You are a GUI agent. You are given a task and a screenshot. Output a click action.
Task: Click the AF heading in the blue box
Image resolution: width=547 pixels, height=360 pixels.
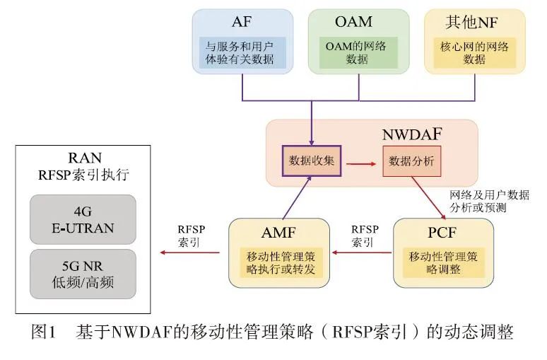coord(242,21)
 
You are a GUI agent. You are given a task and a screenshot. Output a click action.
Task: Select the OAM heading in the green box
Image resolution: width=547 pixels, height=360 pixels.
coord(358,21)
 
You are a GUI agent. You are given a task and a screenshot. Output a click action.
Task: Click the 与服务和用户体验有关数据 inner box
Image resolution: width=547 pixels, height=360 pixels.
coord(242,53)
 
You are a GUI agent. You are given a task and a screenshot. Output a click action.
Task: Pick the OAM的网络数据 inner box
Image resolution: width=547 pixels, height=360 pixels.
coord(358,53)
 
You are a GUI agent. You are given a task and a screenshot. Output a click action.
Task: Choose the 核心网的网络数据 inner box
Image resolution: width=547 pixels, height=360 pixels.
coord(474,53)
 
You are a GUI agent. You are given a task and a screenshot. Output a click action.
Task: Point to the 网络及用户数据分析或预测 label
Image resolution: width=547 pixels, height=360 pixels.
coord(488,201)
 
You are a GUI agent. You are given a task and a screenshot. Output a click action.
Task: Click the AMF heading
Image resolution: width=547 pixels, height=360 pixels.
coord(279,231)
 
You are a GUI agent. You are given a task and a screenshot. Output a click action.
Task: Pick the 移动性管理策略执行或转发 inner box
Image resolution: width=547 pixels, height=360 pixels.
coord(279,262)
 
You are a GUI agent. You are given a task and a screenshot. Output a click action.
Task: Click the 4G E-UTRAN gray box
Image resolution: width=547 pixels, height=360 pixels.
coord(83,219)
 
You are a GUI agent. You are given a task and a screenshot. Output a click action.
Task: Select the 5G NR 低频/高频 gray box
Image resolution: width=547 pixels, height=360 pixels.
coord(83,274)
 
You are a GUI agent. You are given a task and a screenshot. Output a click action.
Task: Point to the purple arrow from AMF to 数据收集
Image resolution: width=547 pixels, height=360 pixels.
coord(295,198)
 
